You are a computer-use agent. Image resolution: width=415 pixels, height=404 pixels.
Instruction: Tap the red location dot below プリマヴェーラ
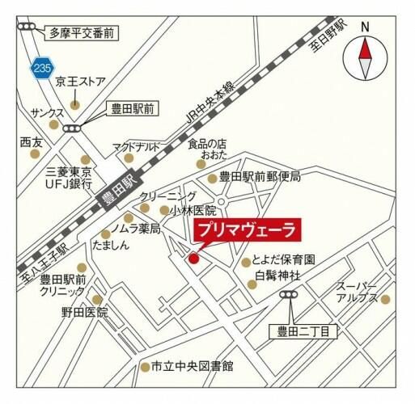(x=193, y=259)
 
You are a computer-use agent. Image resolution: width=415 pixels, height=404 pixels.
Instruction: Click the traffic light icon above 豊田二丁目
(x=289, y=297)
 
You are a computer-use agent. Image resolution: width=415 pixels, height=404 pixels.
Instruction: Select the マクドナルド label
(x=136, y=146)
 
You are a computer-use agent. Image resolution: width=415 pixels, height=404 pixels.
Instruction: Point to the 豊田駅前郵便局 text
(x=260, y=177)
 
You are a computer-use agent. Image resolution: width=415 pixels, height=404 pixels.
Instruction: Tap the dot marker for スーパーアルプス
(x=385, y=299)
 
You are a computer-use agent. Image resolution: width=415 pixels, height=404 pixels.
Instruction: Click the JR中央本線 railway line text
(x=210, y=103)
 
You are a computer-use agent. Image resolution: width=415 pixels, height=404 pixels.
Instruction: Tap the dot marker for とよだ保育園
(x=245, y=262)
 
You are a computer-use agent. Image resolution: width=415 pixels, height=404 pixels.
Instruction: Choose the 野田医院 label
(x=85, y=311)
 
